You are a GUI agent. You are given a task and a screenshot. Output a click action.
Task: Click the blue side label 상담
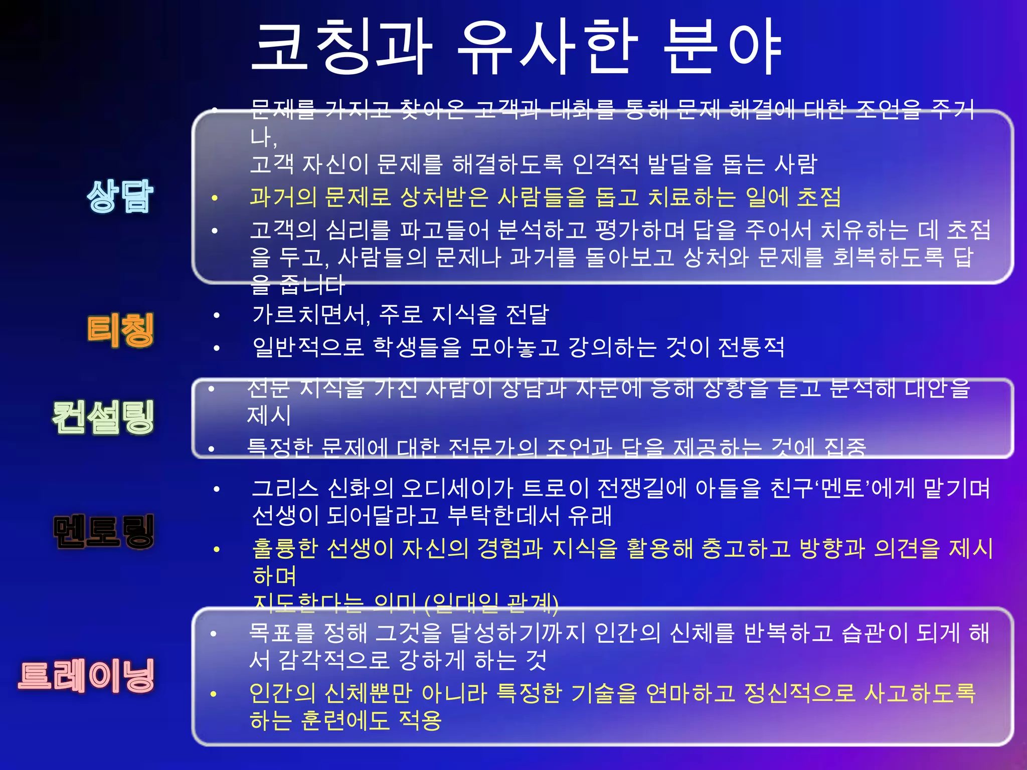point(120,196)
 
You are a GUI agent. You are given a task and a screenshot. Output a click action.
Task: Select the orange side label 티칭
point(120,330)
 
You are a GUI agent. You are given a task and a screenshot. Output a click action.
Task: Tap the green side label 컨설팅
point(103,417)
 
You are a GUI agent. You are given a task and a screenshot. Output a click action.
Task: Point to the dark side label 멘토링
point(103,531)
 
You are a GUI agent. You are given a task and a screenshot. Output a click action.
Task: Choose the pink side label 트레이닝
point(86,676)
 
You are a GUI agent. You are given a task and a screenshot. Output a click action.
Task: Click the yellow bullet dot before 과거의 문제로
point(215,198)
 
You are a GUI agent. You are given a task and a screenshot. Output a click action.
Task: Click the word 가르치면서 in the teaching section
point(311,315)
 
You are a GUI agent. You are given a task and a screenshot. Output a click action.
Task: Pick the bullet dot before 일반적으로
point(217,348)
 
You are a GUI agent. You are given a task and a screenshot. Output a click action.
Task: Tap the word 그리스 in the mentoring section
point(285,488)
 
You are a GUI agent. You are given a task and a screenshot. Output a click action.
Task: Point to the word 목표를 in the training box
point(281,633)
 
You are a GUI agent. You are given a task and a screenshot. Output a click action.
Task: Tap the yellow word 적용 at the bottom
point(420,721)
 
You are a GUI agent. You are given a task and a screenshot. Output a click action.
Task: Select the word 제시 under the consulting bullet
point(269,415)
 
